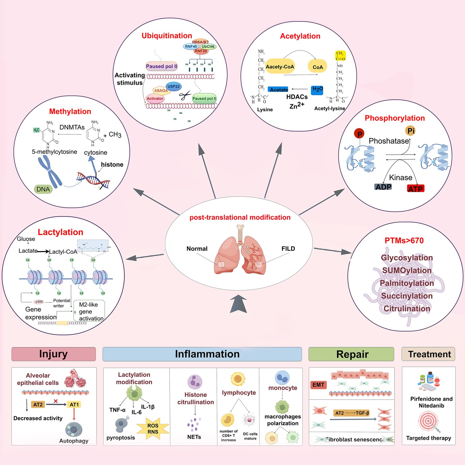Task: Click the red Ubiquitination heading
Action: pos(167,36)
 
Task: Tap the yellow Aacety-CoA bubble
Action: pos(280,66)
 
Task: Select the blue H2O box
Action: pos(317,90)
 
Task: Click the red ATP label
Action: pos(415,188)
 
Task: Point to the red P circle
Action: pos(359,134)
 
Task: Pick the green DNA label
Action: pos(43,189)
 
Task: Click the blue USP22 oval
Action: pos(174,86)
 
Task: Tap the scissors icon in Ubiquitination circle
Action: pos(185,95)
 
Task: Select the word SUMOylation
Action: pos(407,270)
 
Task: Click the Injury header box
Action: pos(54,354)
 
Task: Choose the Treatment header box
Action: pos(429,354)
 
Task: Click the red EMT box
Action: pos(318,385)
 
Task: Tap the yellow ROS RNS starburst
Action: pos(153,429)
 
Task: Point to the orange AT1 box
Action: pos(74,405)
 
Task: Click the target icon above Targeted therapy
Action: pos(428,421)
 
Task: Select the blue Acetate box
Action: pos(278,90)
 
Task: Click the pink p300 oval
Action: pos(39,302)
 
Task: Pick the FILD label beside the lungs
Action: pos(288,249)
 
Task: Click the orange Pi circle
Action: pos(411,131)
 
